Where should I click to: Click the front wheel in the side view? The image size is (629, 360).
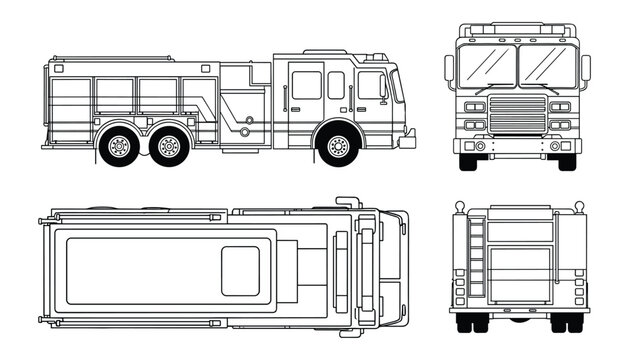click(337, 148)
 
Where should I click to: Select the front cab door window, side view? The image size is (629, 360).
click(369, 86)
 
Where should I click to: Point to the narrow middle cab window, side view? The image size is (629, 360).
click(336, 85)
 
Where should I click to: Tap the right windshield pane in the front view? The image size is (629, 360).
click(545, 66)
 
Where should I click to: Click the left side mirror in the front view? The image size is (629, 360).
click(450, 69)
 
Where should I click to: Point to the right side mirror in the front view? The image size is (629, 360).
click(584, 69)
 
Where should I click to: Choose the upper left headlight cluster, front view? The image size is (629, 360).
click(475, 106)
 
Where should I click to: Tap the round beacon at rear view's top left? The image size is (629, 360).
click(458, 207)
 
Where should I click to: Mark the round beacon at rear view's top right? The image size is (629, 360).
click(578, 207)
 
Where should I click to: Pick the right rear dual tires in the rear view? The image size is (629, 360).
click(567, 321)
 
